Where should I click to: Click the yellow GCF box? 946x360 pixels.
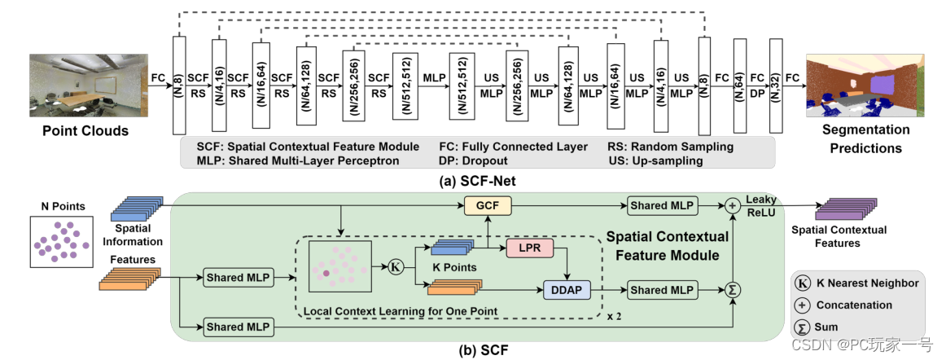click(487, 206)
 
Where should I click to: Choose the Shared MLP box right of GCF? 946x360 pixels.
click(662, 206)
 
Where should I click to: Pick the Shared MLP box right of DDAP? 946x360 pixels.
click(662, 290)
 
